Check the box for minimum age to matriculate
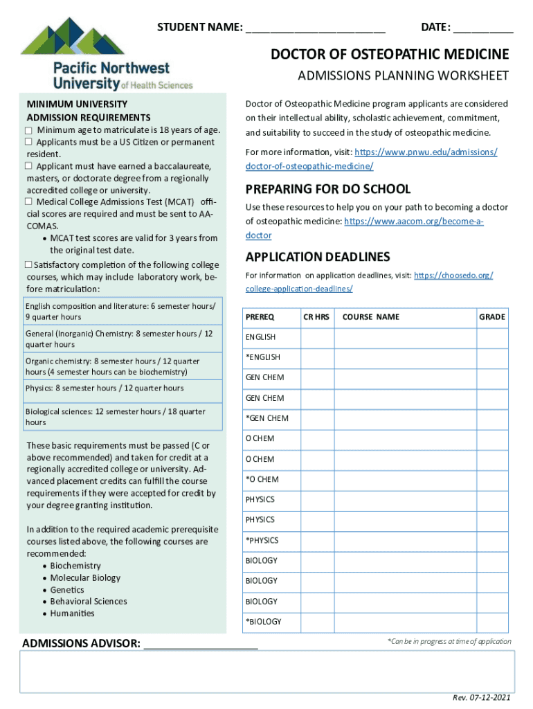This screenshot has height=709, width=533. coord(29,130)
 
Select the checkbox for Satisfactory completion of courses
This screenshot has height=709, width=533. coord(29,265)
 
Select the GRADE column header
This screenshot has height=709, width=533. coord(492,317)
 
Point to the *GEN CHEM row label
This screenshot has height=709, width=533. coord(266,418)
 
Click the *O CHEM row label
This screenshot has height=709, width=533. coord(262,479)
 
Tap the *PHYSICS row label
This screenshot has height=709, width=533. coord(263,540)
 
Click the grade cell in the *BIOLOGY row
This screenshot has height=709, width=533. coord(492,621)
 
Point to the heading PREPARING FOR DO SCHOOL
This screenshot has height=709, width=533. coord(328,189)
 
